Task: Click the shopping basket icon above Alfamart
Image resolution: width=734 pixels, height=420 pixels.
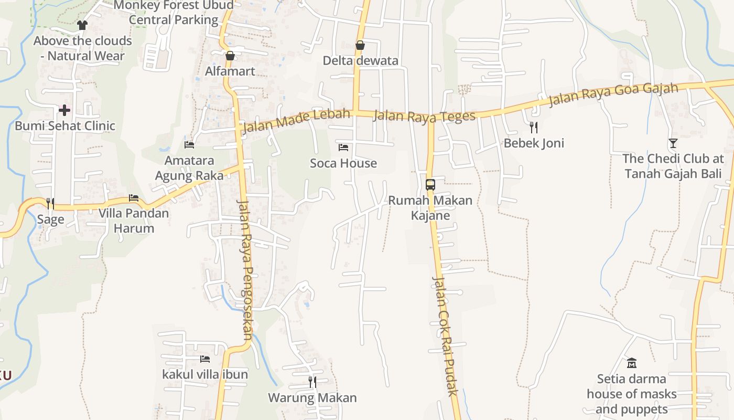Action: tap(230, 56)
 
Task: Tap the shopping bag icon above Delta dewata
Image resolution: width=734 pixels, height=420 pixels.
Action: tap(360, 46)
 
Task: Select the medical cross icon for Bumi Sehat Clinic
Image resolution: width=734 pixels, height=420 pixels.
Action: tap(64, 110)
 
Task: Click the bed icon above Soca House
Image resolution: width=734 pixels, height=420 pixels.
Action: tap(343, 148)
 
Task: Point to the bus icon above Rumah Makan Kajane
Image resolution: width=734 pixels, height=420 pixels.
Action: tap(430, 185)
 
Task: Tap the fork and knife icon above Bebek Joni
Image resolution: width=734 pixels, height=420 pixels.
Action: tap(534, 127)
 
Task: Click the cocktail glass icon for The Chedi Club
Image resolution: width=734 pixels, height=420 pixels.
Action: tap(673, 143)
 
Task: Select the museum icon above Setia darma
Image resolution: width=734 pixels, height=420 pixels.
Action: tap(631, 363)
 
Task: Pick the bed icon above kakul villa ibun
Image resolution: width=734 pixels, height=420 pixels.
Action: tap(205, 359)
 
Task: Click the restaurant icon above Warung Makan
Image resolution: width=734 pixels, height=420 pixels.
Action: tap(312, 382)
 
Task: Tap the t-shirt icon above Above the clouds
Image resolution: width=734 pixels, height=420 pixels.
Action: tap(82, 25)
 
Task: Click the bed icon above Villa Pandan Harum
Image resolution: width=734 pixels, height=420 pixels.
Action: tap(134, 198)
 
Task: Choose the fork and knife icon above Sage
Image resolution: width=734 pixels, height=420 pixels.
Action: tap(50, 203)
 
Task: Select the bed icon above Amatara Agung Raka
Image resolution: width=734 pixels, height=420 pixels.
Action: tap(189, 144)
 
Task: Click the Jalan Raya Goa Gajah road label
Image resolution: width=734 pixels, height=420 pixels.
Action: tap(613, 94)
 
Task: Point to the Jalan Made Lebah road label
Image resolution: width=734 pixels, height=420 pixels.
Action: tap(296, 121)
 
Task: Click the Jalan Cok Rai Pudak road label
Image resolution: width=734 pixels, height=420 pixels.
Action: tap(445, 336)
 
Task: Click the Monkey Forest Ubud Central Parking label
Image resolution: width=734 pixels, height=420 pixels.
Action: tap(174, 13)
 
